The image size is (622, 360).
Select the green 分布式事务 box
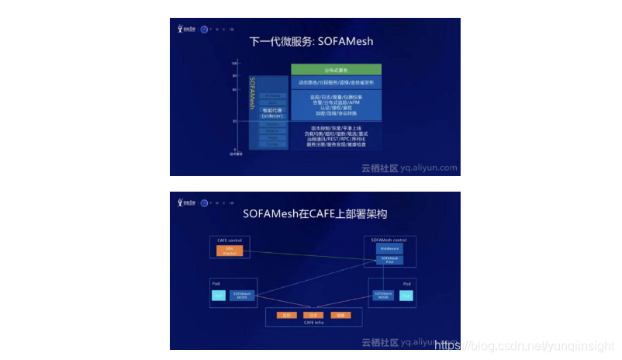pyautogui.click(x=336, y=70)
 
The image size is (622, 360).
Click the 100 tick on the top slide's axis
pyautogui.click(x=234, y=63)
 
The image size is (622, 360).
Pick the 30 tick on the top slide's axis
pyautogui.click(x=234, y=121)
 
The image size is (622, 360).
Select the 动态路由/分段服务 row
pyautogui.click(x=336, y=82)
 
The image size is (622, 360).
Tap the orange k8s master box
pyautogui.click(x=230, y=251)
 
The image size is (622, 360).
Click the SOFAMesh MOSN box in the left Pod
pyautogui.click(x=241, y=296)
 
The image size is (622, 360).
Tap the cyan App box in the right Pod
pyautogui.click(x=406, y=295)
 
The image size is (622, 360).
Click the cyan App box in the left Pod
pyautogui.click(x=218, y=296)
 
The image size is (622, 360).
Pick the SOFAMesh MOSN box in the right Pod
pyautogui.click(x=382, y=295)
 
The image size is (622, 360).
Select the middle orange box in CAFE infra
pyautogui.click(x=313, y=315)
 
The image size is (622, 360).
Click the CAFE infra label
pyautogui.click(x=313, y=324)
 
